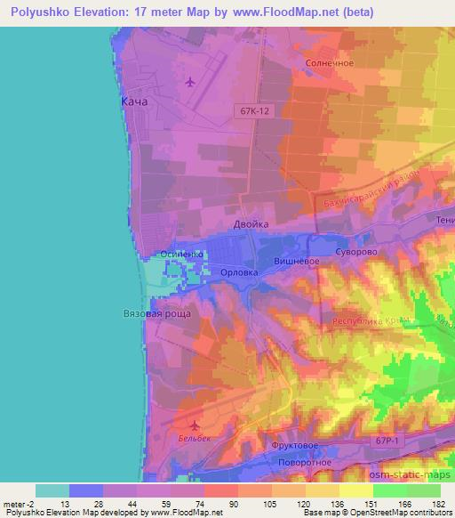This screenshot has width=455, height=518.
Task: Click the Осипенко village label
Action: [182, 255]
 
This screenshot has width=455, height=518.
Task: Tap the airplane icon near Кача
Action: [189, 83]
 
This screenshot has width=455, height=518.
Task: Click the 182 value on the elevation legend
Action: [442, 504]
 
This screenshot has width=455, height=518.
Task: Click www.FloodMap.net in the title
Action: [281, 12]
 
